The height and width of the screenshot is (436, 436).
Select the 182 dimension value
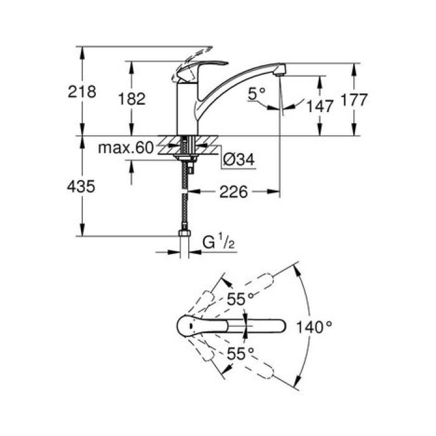pyautogui.click(x=133, y=98)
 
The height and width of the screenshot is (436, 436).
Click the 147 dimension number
pyautogui.click(x=320, y=106)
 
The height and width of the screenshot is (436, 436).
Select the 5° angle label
pyautogui.click(x=256, y=93)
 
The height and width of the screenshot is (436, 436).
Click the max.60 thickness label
pyautogui.click(x=125, y=148)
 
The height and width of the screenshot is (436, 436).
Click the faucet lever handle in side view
pyautogui.click(x=199, y=68)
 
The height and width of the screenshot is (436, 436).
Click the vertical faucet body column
pyautogui.click(x=187, y=109)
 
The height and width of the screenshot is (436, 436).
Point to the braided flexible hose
pyautogui.click(x=186, y=199)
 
